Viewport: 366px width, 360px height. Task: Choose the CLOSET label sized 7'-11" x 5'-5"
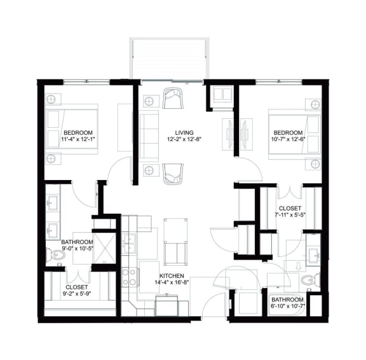click(x=290, y=209)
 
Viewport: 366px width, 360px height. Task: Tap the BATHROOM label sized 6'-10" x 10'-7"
click(x=287, y=299)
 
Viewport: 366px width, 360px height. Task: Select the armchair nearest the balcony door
click(x=172, y=99)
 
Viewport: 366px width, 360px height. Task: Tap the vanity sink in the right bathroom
click(x=313, y=254)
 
